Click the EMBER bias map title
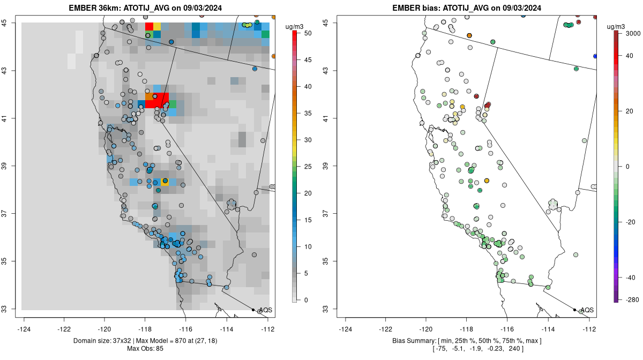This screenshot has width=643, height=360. point(468,8)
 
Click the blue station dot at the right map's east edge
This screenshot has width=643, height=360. point(595,56)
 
